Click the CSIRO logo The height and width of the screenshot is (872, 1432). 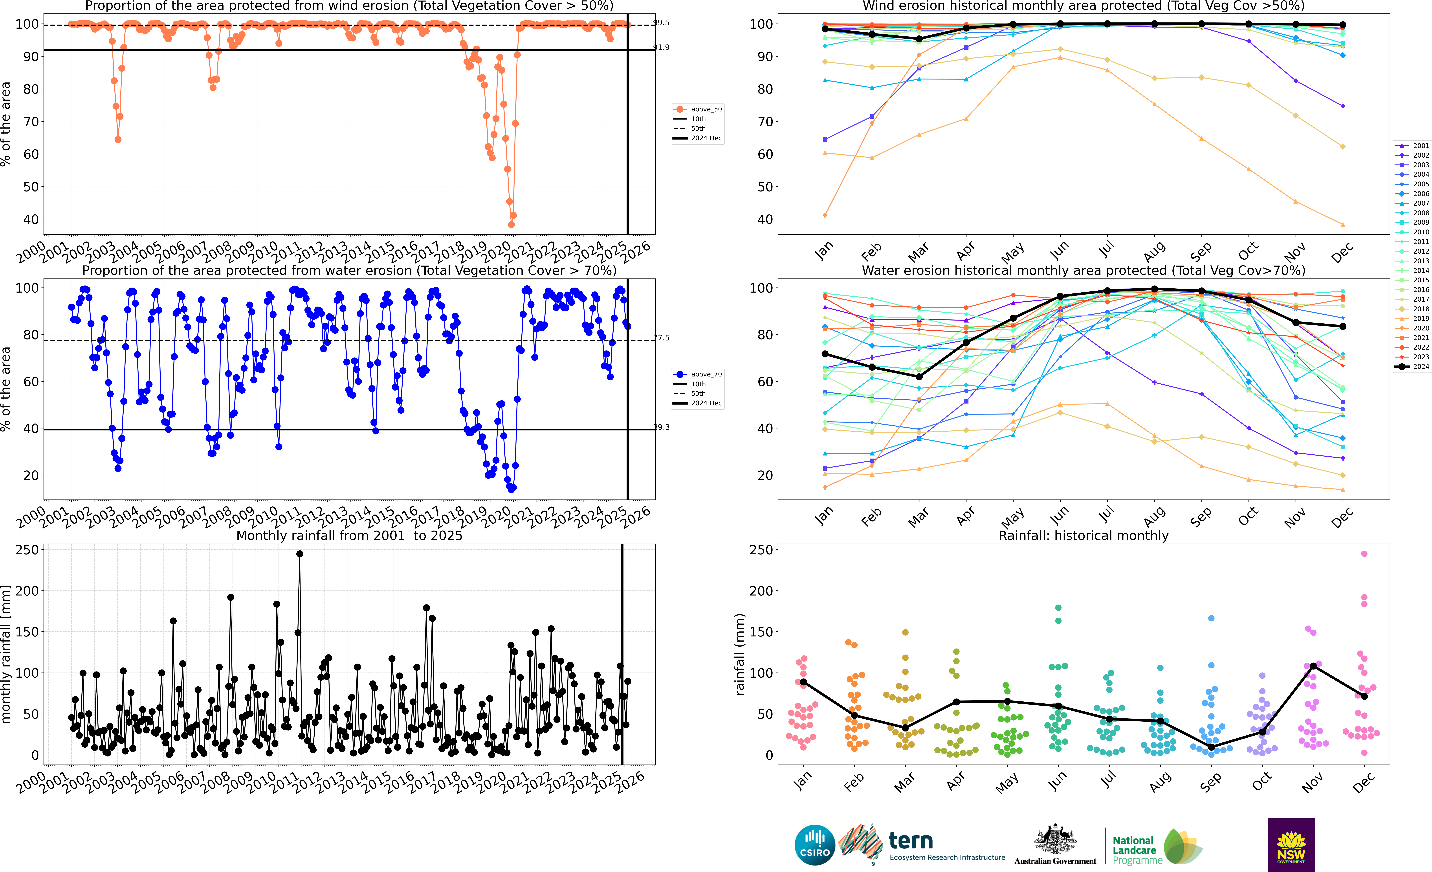814,845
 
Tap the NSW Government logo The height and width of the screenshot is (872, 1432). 1291,845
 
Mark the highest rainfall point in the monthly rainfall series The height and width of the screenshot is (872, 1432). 300,554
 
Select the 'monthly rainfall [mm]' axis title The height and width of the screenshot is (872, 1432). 6,654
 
